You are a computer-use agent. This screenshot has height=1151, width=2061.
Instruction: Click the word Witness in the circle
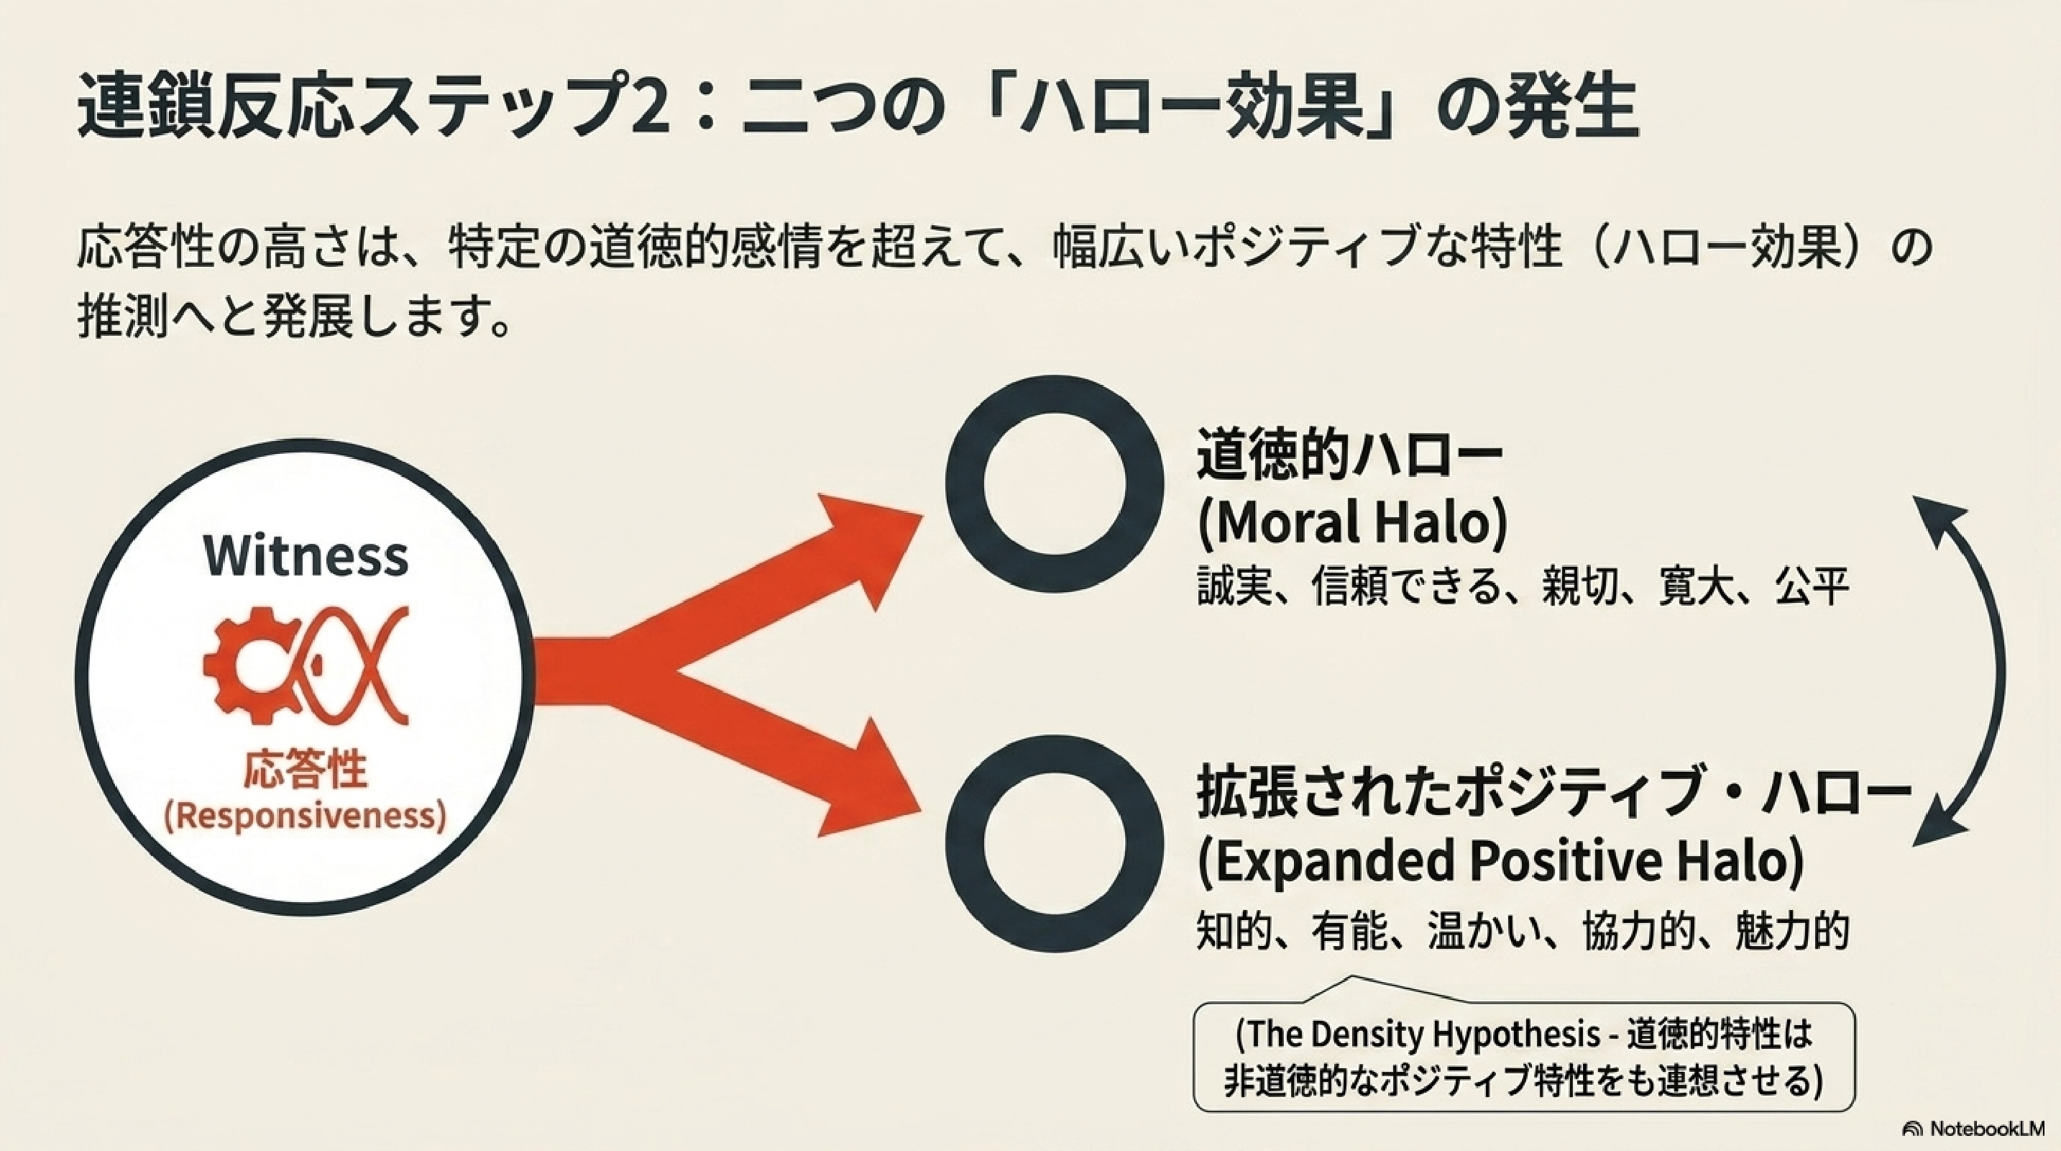coord(306,555)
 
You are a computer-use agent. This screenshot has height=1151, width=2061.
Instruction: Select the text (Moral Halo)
coord(1352,523)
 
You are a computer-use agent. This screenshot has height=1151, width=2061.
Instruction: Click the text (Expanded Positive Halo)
coord(1500,862)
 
